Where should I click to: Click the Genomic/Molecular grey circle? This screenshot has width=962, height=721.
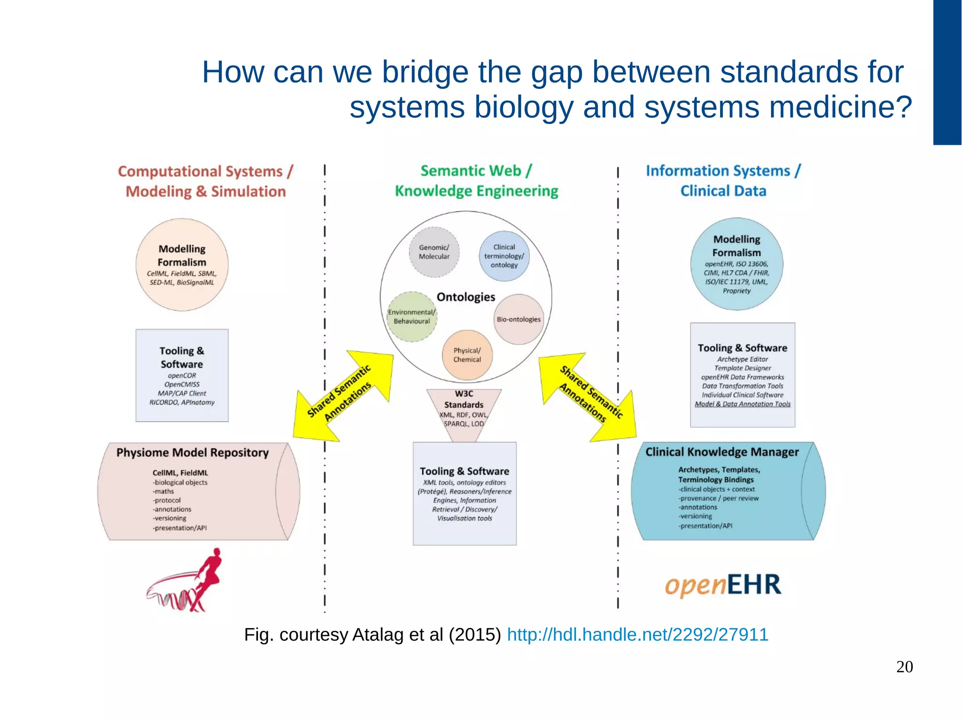[434, 252]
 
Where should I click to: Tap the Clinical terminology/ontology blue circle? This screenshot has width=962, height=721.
[504, 256]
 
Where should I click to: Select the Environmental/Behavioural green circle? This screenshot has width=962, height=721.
[412, 317]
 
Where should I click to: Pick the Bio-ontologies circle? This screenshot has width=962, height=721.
[519, 319]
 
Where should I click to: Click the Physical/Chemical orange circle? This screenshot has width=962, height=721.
[467, 355]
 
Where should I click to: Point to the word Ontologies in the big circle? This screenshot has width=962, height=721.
[465, 297]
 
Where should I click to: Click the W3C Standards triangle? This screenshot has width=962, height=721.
[464, 409]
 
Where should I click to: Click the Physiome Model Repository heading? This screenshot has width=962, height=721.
[192, 452]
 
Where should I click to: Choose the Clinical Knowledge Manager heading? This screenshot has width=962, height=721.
[721, 452]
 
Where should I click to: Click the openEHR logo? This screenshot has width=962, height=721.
[723, 585]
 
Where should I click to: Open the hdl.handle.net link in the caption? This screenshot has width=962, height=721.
[637, 635]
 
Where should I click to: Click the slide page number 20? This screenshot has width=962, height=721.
[904, 667]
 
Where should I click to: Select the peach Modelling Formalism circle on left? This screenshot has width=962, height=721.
[182, 264]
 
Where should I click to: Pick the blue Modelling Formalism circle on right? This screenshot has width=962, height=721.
[737, 264]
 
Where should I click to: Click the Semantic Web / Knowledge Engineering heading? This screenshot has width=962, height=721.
[476, 181]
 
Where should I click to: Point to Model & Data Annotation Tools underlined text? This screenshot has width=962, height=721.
[742, 404]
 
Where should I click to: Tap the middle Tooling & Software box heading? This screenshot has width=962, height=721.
[464, 471]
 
